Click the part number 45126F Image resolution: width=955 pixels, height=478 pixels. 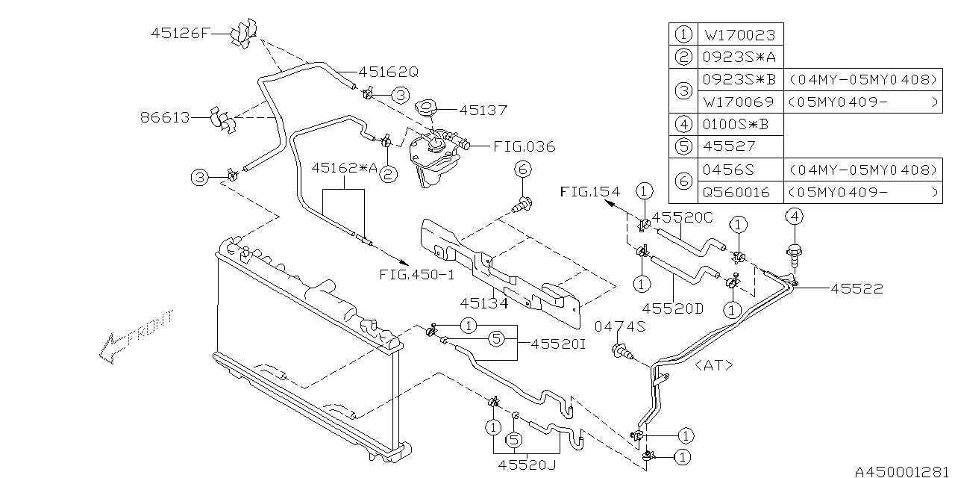pos(181,33)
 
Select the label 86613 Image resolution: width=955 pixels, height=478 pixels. pos(164,117)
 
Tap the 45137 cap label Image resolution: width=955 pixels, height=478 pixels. pos(483,110)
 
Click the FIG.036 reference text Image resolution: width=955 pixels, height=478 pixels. pos(525,146)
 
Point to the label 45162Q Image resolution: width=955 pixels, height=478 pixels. pos(388,72)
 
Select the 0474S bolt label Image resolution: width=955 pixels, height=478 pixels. pos(620,326)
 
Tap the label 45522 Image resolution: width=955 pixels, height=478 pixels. pos(857,289)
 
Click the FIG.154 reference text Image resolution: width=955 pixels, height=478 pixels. pos(589,192)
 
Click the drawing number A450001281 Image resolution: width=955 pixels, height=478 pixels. pos(903,471)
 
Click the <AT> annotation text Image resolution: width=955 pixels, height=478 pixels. pos(713,365)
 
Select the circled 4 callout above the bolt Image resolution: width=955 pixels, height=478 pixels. pos(794,217)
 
